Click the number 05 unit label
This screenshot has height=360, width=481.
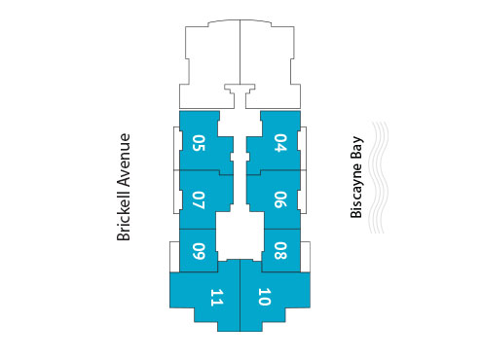(200, 144)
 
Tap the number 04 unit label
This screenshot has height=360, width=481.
(280, 144)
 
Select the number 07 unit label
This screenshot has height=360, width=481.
(200, 200)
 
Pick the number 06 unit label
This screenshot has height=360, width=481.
(280, 200)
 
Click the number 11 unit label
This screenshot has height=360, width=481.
(216, 298)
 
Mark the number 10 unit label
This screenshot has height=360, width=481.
(264, 298)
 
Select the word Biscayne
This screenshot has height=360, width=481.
(357, 196)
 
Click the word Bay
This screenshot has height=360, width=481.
(357, 147)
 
